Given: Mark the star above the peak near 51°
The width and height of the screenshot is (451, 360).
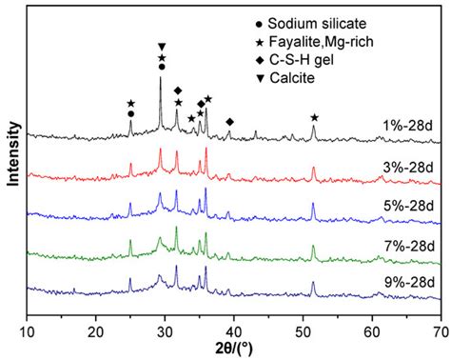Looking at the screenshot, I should (x=314, y=117).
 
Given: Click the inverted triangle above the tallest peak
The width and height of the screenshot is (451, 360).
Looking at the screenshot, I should (x=162, y=47).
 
